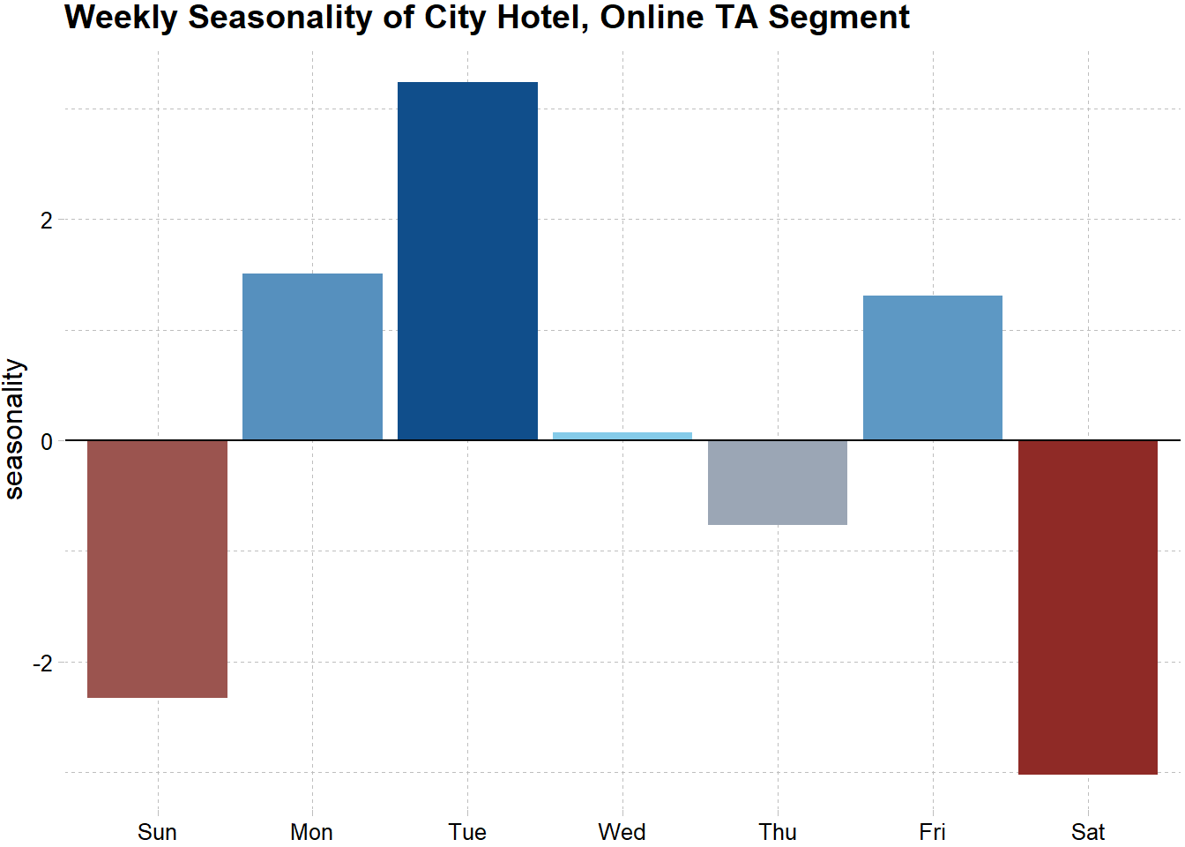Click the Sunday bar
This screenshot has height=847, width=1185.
click(157, 568)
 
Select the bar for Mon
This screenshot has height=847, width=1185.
click(312, 356)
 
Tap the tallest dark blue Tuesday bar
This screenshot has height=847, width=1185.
click(467, 261)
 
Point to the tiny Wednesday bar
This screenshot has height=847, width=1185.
click(622, 436)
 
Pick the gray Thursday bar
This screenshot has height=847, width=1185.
click(778, 483)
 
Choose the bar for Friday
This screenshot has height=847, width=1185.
click(933, 368)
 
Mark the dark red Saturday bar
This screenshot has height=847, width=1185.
click(1088, 607)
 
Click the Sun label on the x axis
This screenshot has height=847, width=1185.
click(157, 832)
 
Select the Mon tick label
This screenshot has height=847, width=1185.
click(312, 832)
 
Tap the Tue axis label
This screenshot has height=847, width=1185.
click(467, 832)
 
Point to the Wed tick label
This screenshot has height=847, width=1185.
click(622, 832)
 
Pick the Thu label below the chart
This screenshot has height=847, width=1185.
click(778, 832)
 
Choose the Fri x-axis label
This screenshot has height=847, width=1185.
click(933, 832)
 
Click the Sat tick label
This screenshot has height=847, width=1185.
click(1088, 832)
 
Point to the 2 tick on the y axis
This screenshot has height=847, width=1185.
click(47, 221)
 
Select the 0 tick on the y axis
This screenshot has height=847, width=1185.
click(47, 442)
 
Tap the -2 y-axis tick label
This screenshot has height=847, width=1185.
click(42, 663)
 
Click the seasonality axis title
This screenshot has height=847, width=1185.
click(15, 429)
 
